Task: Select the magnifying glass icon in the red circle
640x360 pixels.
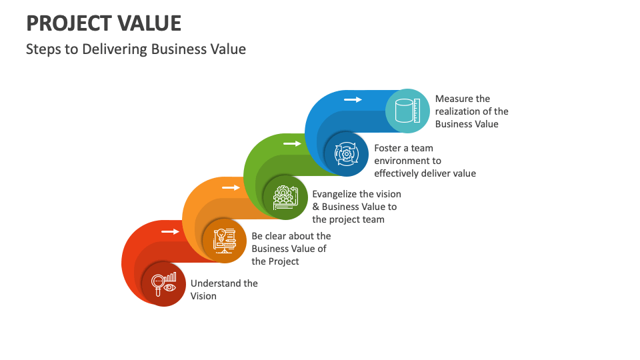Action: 163,283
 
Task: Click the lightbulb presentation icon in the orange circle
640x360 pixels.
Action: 225,239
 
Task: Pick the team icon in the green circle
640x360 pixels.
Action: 285,196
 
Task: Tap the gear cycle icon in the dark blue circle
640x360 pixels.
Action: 347,153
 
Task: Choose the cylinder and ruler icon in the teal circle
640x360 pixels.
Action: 407,111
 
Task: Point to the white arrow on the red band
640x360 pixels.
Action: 171,231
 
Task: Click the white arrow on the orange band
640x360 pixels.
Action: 231,187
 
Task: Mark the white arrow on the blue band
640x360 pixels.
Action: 353,99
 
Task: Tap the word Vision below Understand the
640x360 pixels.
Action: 203,296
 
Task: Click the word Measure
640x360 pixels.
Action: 453,99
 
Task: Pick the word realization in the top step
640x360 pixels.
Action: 459,111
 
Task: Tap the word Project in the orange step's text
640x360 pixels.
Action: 283,261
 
